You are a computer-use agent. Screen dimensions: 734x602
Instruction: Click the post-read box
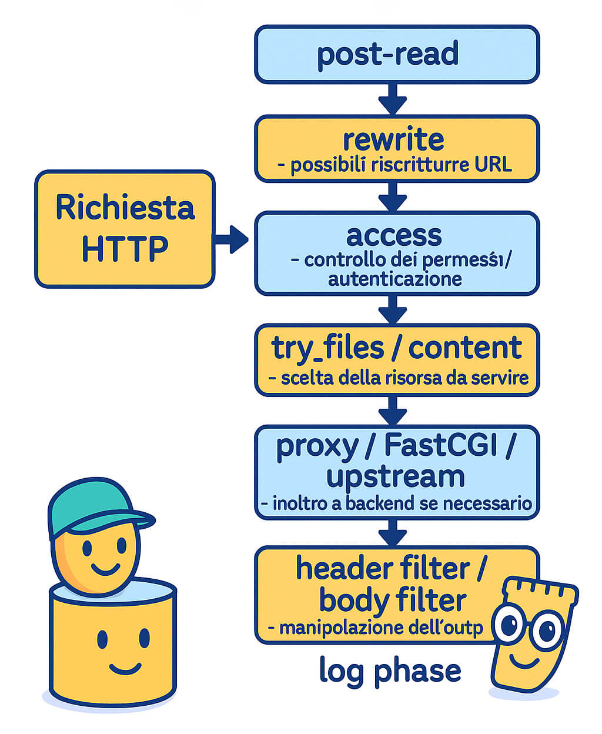click(x=396, y=54)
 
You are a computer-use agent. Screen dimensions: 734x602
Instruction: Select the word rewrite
click(x=393, y=139)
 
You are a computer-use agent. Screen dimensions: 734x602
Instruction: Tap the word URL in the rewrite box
click(x=493, y=165)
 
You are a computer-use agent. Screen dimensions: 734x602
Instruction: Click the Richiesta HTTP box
click(x=125, y=229)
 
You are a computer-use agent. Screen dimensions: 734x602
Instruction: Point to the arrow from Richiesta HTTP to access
click(x=232, y=239)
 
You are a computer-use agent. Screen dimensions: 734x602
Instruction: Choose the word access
click(x=394, y=235)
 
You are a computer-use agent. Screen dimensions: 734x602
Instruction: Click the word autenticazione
click(x=394, y=278)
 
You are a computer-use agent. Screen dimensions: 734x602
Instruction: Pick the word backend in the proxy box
click(x=380, y=503)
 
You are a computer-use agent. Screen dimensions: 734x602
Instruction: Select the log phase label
click(x=390, y=670)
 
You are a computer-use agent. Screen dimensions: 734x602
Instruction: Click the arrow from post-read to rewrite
click(x=393, y=99)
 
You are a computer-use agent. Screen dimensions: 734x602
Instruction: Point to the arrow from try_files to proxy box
click(x=393, y=411)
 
